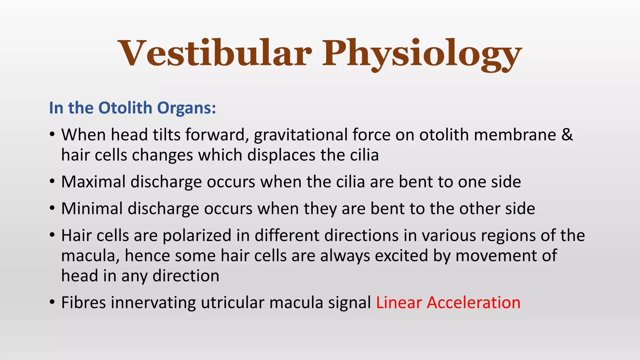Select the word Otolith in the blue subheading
click(125, 108)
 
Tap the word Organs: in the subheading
click(187, 108)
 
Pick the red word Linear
click(399, 302)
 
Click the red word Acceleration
click(473, 302)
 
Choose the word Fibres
click(83, 302)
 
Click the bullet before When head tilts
click(52, 135)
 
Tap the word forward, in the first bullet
click(217, 135)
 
